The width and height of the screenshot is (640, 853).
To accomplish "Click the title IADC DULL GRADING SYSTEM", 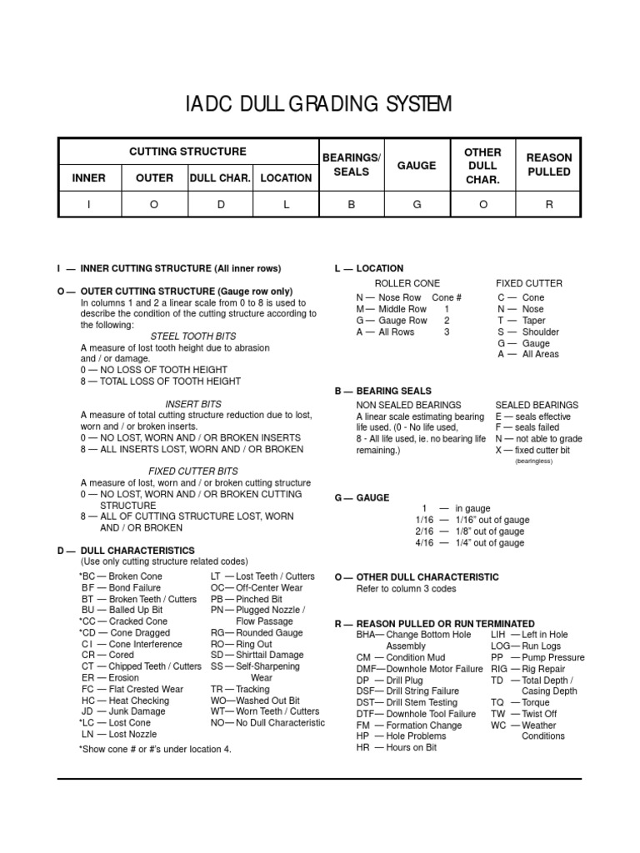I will [x=319, y=104].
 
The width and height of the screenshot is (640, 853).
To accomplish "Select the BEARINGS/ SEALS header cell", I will [x=350, y=165].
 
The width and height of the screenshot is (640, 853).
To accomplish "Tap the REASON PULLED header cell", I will [x=549, y=165].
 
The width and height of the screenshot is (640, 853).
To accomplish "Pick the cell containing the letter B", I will [x=351, y=204].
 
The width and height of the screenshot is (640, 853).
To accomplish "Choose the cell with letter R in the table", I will [x=549, y=204].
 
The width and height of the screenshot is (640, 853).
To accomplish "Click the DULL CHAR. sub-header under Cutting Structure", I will [x=221, y=177].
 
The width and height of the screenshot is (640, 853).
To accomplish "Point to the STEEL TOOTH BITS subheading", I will [x=193, y=336].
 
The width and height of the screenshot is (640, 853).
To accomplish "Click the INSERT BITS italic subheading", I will [x=193, y=404].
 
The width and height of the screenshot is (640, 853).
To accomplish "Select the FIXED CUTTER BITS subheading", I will [x=193, y=471].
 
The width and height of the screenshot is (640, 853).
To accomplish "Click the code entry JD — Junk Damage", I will [x=124, y=711].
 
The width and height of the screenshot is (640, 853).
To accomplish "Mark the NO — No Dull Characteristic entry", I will [x=267, y=723].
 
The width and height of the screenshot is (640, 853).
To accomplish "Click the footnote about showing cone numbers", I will [x=155, y=749].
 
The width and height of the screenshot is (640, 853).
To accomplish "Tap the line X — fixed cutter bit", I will [x=532, y=450].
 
